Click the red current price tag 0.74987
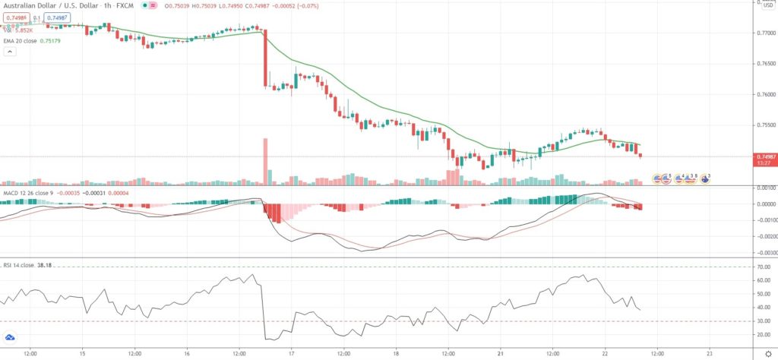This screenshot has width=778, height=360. tap(763, 156)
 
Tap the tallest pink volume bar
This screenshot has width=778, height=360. tap(266, 161)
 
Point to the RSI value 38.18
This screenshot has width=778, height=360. tap(50, 267)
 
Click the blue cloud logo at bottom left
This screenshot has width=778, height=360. tap(11, 337)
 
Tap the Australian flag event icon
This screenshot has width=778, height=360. tap(705, 178)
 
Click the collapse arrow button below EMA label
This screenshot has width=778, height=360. tap(10, 52)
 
